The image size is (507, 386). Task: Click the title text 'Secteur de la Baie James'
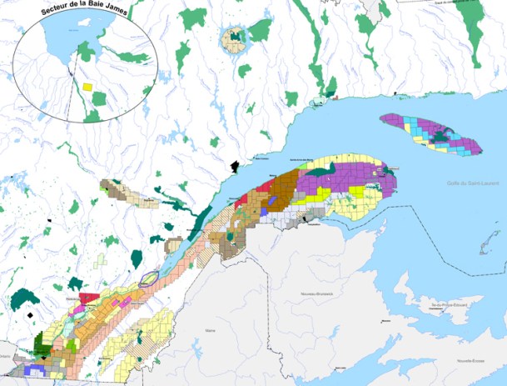click(x=88, y=9)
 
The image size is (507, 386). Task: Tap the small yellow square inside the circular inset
click(x=87, y=85)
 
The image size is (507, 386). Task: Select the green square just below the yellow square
click(x=99, y=98)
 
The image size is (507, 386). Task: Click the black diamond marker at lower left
click(x=31, y=315)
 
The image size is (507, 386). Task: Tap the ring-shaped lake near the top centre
click(x=233, y=38)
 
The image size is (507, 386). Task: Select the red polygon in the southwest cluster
click(x=89, y=298)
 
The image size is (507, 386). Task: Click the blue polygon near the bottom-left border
click(x=35, y=368)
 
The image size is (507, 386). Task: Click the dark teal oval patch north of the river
click(x=156, y=239)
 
